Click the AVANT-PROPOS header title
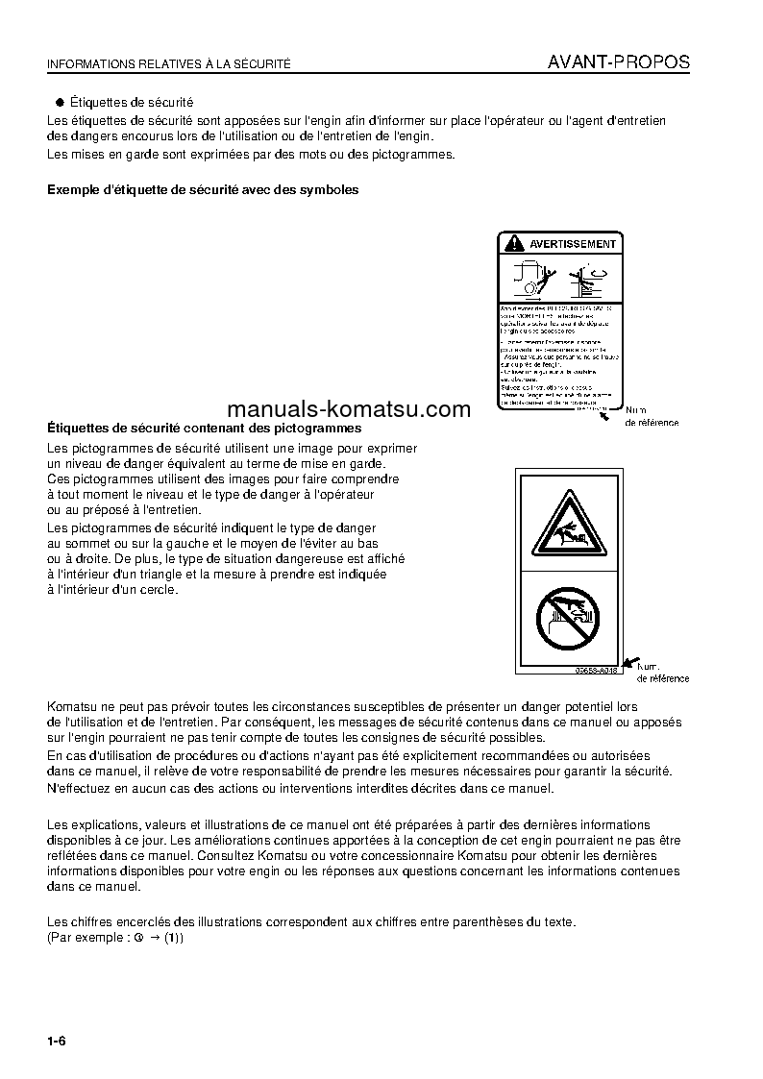[x=618, y=62]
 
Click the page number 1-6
[x=56, y=1042]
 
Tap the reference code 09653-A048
[x=595, y=669]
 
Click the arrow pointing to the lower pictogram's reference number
[x=630, y=662]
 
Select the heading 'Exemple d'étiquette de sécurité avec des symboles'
[x=203, y=190]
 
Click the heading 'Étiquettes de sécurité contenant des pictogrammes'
[x=204, y=429]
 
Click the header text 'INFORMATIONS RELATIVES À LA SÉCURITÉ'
[x=168, y=64]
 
